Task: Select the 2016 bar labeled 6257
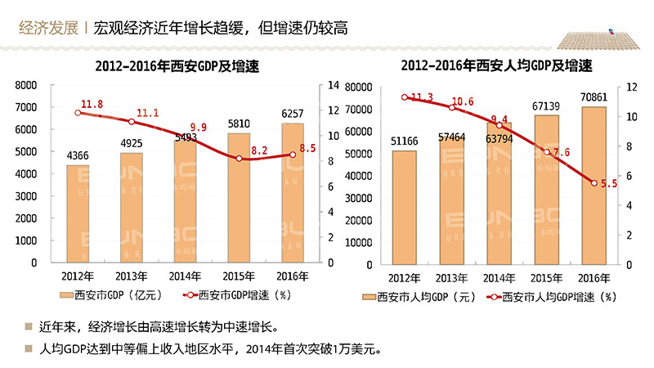292,193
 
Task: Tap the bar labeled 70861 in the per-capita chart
594,186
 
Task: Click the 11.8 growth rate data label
92,105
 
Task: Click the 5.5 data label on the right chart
609,184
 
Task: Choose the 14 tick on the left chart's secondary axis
332,85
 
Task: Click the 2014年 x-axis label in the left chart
185,275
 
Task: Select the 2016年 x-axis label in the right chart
594,276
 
